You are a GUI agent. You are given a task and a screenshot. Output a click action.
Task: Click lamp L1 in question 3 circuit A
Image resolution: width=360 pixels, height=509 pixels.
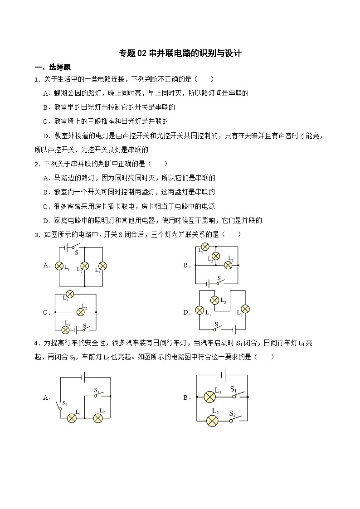click(59, 266)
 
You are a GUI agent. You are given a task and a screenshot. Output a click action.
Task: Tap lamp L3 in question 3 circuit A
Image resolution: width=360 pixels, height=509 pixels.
click(103, 266)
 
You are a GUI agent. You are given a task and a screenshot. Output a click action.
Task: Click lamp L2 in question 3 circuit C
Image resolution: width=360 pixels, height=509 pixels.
click(81, 312)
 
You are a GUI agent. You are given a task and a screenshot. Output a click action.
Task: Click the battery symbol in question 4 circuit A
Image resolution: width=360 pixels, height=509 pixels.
click(84, 376)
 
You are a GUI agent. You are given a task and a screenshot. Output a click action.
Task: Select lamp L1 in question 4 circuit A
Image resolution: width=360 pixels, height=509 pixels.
click(72, 418)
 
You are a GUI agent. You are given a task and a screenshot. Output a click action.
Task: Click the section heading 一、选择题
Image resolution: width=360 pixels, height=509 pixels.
click(53, 67)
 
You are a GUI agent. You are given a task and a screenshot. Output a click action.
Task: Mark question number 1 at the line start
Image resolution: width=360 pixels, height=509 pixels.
click(36, 79)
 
